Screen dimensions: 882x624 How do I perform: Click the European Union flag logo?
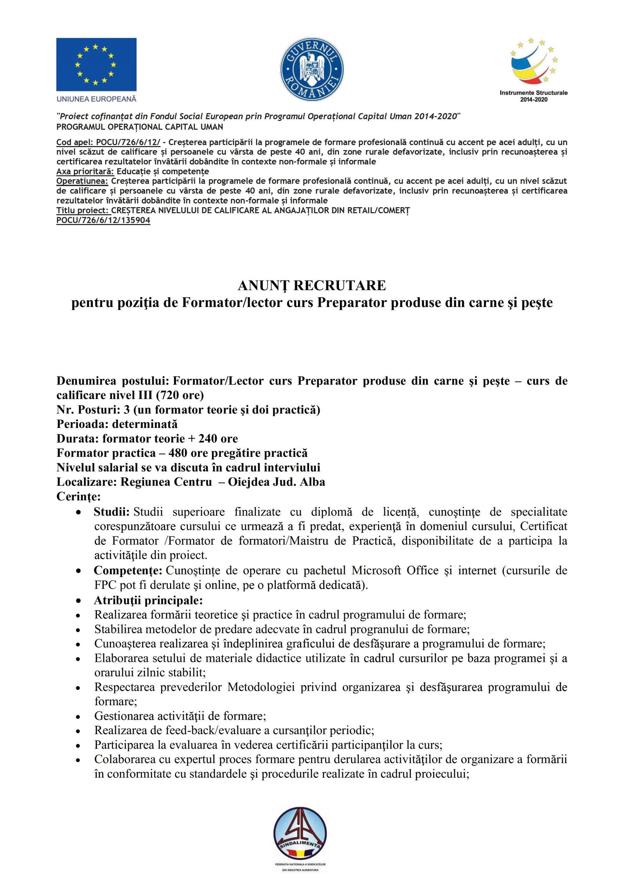pos(96,64)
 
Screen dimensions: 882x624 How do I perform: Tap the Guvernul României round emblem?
pos(312,71)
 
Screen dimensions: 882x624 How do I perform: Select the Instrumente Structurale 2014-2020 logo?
pos(534,69)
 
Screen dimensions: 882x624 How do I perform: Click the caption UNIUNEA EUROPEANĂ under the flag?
pos(96,99)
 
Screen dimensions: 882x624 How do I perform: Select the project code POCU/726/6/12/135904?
pos(103,220)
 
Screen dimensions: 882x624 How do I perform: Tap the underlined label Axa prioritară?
pos(85,171)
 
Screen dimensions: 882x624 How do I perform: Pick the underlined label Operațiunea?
pos(82,181)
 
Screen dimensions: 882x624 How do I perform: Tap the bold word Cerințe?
pos(78,497)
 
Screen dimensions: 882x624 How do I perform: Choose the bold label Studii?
pos(111,512)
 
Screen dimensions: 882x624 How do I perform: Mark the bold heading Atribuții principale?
pos(148,600)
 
